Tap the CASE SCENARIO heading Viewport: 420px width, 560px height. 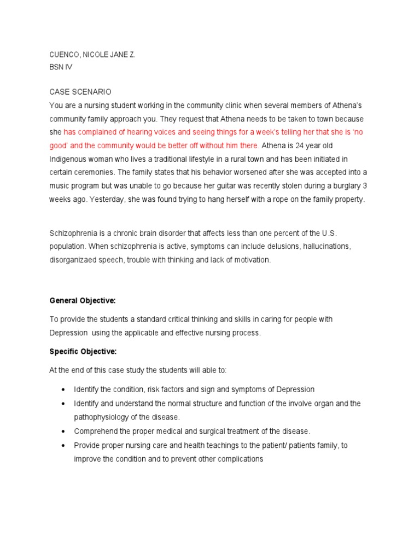click(80, 92)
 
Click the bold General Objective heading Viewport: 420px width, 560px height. click(83, 301)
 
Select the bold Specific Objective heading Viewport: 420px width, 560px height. click(83, 351)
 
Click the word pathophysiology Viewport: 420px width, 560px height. click(101, 417)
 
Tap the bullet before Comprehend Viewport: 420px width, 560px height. click(63, 431)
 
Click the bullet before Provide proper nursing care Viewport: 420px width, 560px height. click(63, 446)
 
